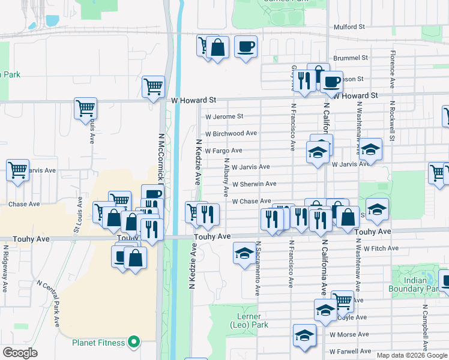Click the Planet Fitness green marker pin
[134, 343]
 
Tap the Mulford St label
[349, 27]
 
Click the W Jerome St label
[224, 116]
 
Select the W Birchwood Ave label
[231, 133]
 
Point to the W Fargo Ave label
[223, 150]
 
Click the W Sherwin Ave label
[254, 184]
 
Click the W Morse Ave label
[348, 334]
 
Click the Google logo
[20, 353]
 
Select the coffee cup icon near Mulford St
[246, 47]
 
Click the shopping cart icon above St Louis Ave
[86, 109]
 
